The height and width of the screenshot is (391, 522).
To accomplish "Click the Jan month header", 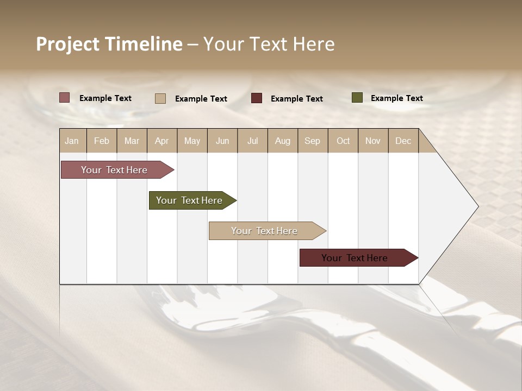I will point(72,141).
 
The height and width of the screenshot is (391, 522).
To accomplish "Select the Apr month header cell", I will point(162,141).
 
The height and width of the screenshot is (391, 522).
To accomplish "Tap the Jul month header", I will point(253,141).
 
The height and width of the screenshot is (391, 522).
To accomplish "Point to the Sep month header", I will point(313,141).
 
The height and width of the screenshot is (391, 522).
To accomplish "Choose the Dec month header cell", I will point(403,141).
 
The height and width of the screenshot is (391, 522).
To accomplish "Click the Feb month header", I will point(102,141).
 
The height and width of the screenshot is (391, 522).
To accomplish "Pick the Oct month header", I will point(343,141).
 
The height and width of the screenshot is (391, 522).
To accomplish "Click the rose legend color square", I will point(65,98).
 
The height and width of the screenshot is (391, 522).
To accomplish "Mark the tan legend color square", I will point(160,98).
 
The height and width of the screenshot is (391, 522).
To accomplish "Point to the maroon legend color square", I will point(257,98).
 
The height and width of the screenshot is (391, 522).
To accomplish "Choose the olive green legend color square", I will point(357,98).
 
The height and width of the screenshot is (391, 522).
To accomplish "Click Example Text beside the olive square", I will point(396,98).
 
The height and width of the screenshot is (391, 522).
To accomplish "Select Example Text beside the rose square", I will point(105,98).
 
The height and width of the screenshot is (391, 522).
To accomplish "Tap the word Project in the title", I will point(67,44).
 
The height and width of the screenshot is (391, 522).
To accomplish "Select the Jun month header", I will point(222,141).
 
